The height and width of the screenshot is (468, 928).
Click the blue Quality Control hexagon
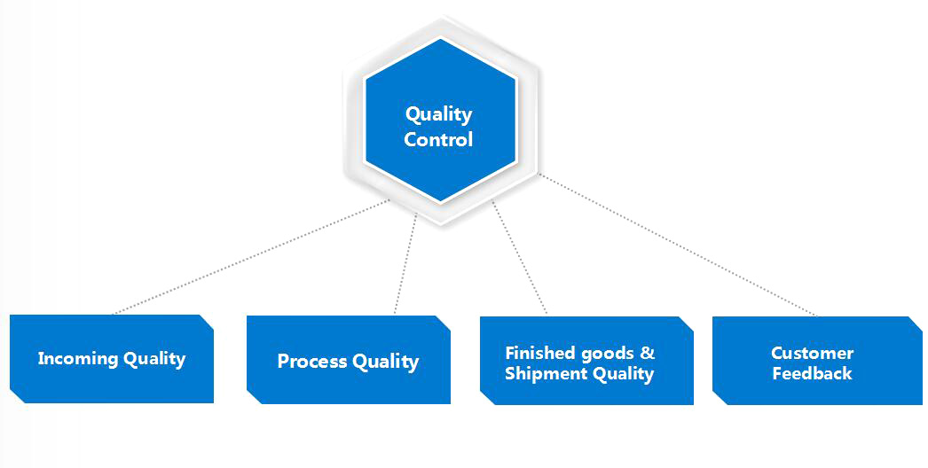441,121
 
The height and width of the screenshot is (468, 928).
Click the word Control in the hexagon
438,140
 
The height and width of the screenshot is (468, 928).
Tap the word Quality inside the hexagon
438,114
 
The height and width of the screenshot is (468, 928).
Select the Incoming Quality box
112,359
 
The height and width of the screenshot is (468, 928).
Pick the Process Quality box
349,360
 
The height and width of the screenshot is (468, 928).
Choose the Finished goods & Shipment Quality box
586,361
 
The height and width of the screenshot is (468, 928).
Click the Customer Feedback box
817,361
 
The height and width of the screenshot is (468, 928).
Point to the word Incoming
77,359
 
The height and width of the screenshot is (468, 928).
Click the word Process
312,361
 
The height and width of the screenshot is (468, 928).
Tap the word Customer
812,354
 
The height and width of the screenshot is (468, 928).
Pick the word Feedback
812,373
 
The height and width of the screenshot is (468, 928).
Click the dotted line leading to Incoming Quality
252,257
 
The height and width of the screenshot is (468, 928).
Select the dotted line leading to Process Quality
405,264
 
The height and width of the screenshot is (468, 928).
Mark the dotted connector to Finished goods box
519,258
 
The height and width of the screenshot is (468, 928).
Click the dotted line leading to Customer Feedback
678,245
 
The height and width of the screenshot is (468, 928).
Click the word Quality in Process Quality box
385,362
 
